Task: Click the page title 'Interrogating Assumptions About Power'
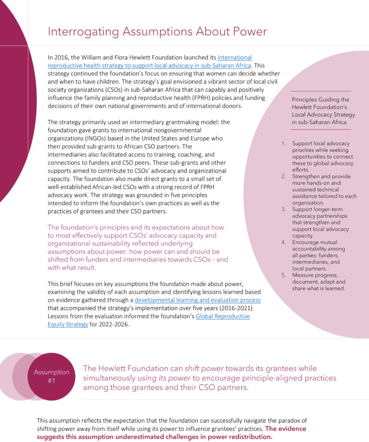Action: [157, 32]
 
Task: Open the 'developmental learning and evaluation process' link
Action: [197, 300]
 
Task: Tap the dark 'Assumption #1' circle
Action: [51, 376]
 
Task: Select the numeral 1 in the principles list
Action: [284, 143]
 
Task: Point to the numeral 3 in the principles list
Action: [284, 209]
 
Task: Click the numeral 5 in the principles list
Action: [284, 275]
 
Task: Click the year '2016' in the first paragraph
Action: [62, 57]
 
